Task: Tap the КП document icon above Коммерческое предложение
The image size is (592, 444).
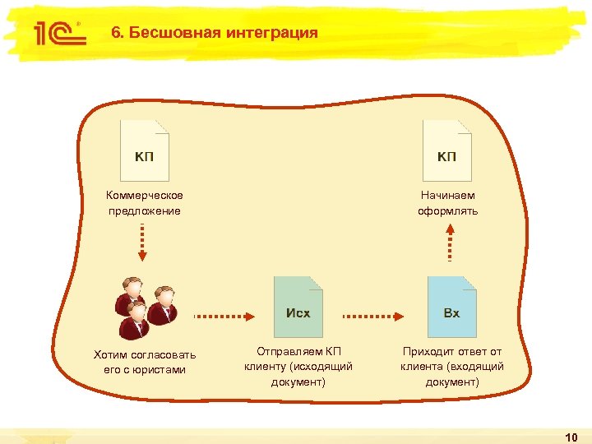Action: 145,151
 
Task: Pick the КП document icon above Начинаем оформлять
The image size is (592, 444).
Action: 447,151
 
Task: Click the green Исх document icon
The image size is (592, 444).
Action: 298,307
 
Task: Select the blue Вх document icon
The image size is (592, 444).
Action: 452,307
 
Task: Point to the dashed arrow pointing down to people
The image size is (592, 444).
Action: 143,242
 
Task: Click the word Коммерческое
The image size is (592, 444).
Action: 145,196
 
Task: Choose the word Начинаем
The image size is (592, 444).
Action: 447,196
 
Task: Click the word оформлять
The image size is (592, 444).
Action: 447,211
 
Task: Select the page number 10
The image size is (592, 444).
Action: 573,435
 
